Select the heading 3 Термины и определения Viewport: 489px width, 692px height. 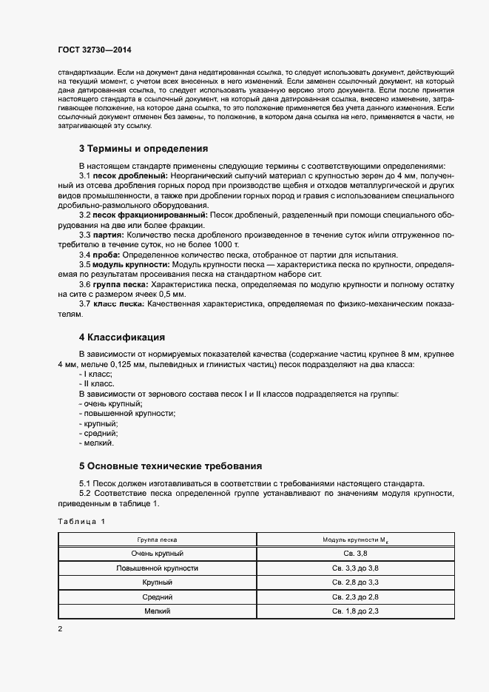[x=133, y=148]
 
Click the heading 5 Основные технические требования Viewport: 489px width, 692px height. [x=171, y=467]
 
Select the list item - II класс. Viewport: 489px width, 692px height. [x=95, y=384]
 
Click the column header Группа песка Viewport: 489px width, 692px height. [x=157, y=540]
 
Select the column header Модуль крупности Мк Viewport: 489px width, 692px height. [x=355, y=540]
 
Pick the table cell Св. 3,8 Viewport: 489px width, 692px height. [x=355, y=554]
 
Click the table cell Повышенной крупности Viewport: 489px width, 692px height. [x=157, y=568]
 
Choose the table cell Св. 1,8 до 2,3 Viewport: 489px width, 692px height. [x=355, y=611]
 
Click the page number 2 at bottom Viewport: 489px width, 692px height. [x=60, y=629]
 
